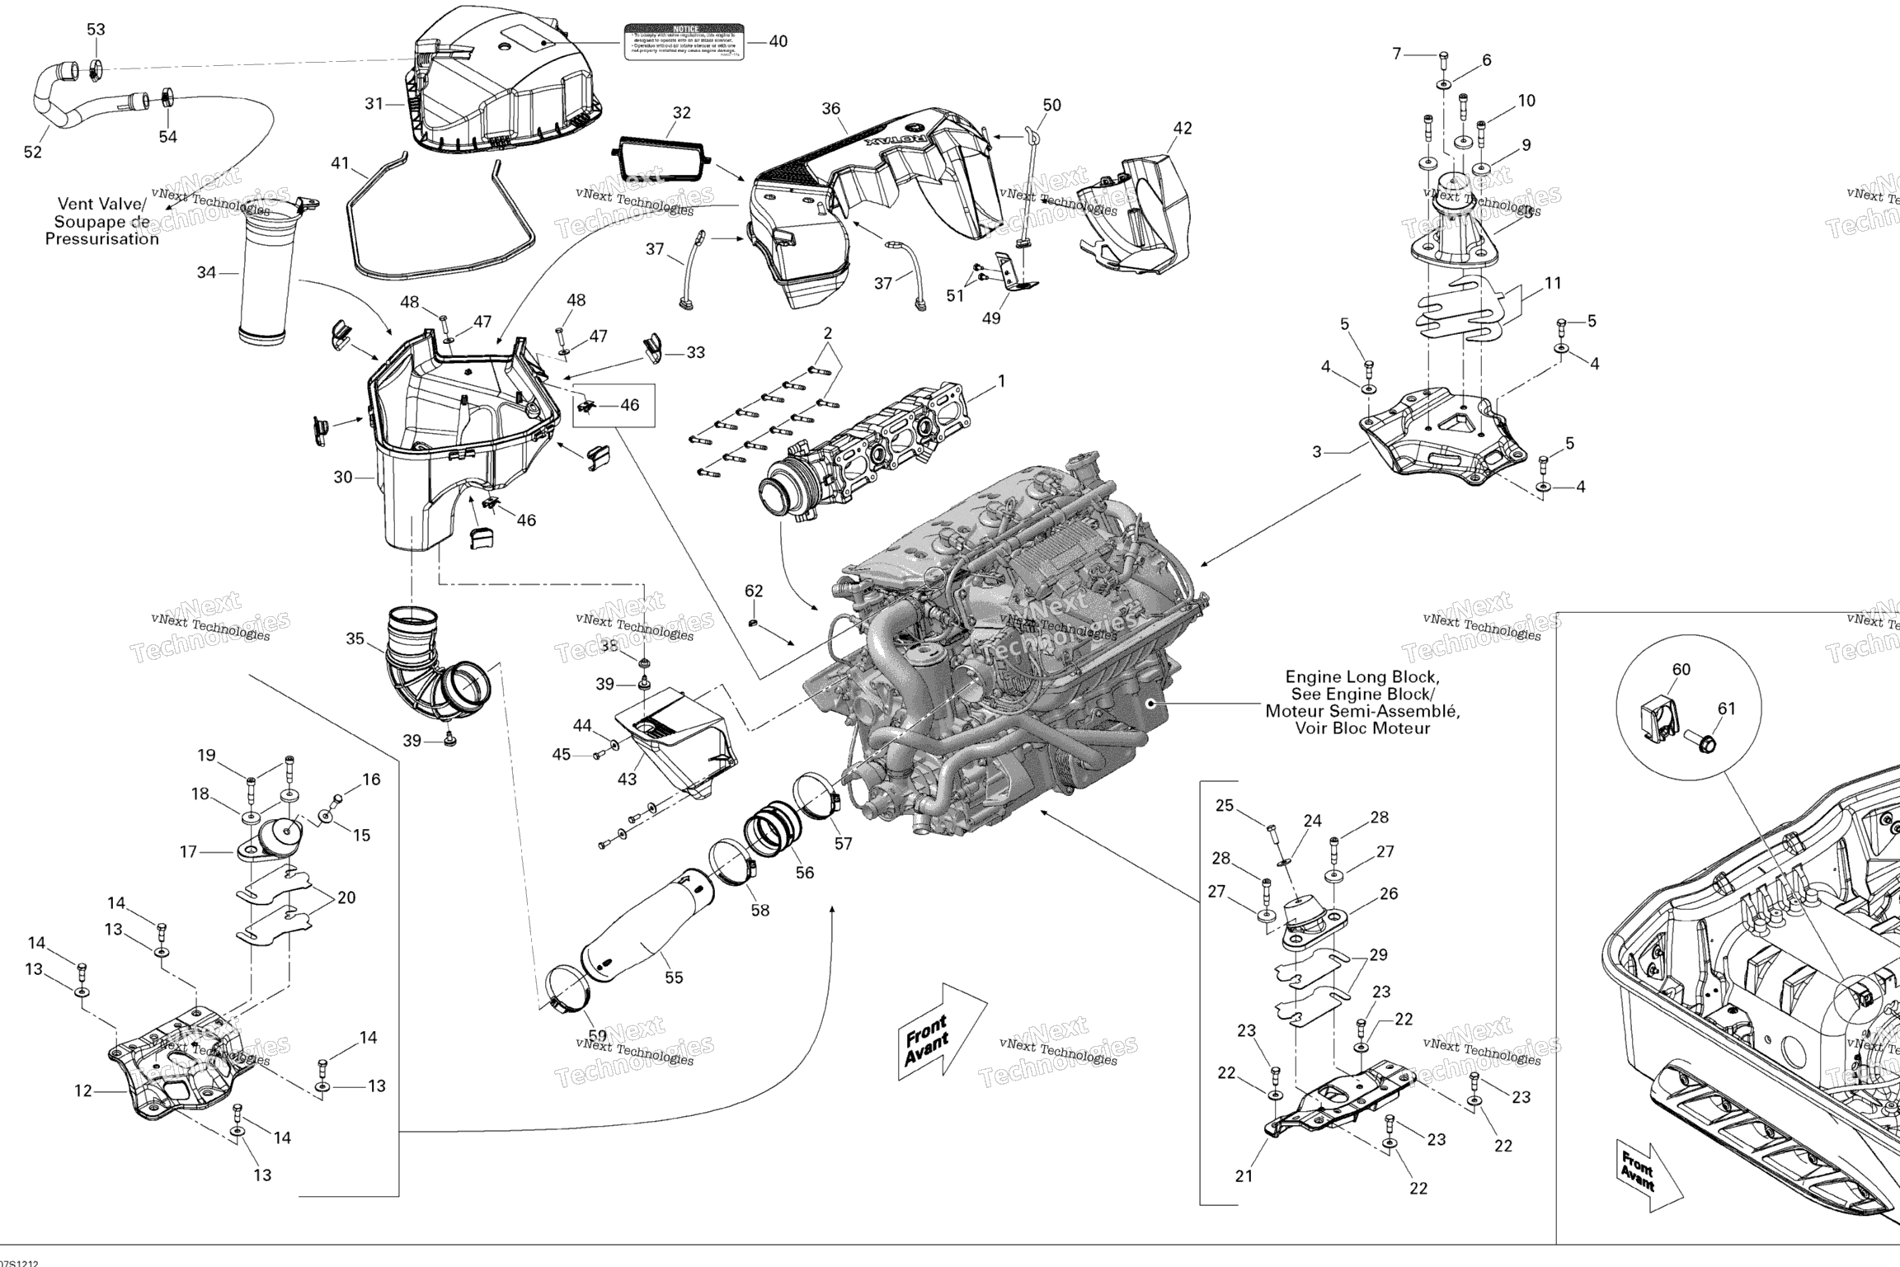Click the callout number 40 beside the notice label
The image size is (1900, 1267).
pyautogui.click(x=778, y=41)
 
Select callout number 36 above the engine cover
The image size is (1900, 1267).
pyautogui.click(x=830, y=109)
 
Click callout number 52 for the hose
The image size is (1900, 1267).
pyautogui.click(x=32, y=153)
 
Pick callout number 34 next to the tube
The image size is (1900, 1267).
pyautogui.click(x=205, y=272)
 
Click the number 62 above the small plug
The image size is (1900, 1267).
pyautogui.click(x=754, y=591)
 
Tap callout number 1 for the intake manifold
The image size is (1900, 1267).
pyautogui.click(x=1002, y=381)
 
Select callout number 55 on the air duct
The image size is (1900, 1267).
pyautogui.click(x=674, y=977)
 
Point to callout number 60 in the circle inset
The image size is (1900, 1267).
pyautogui.click(x=1681, y=670)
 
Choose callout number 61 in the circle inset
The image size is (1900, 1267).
pyautogui.click(x=1726, y=709)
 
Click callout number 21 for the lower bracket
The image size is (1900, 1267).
pyautogui.click(x=1244, y=1176)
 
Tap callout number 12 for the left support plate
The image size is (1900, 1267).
pyautogui.click(x=83, y=1091)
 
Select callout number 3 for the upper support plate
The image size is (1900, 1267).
pyautogui.click(x=1317, y=452)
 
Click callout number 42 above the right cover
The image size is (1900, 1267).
pyautogui.click(x=1183, y=128)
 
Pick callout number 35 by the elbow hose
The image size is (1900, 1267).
pyautogui.click(x=355, y=639)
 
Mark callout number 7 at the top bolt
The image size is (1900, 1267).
pyautogui.click(x=1397, y=54)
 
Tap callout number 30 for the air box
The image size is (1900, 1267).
pyautogui.click(x=343, y=477)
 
